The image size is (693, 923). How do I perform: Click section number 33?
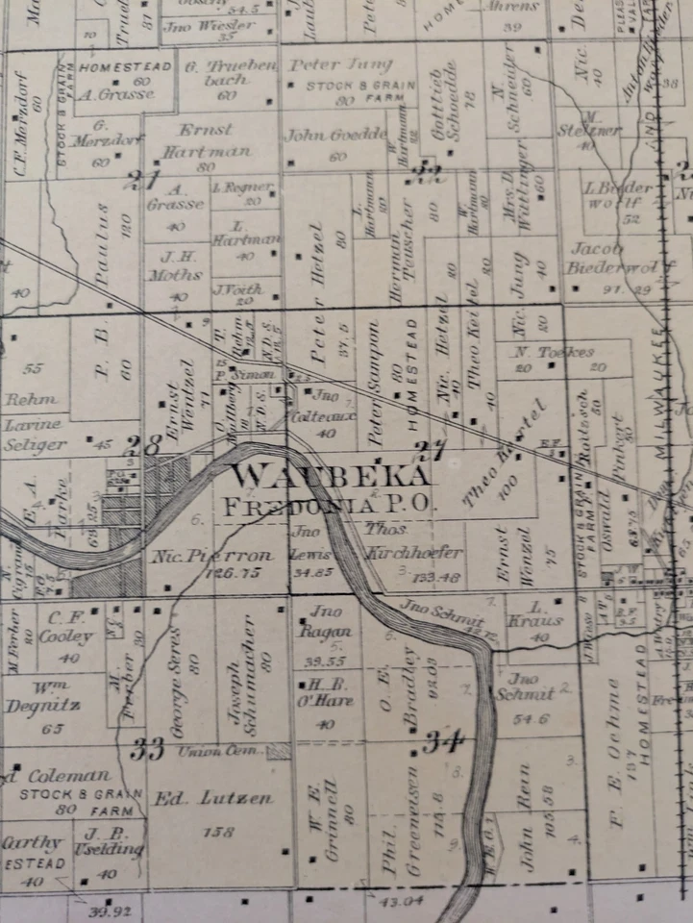pos(148,747)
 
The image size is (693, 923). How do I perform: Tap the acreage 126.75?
pos(227,573)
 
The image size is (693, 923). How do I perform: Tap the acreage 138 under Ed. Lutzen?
pos(223,832)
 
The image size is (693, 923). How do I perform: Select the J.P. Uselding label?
pos(113,841)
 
